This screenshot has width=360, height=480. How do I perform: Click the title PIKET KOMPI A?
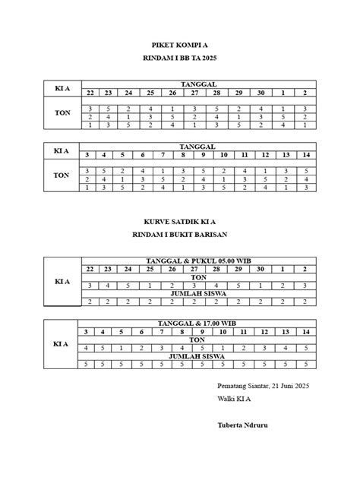pos(179,46)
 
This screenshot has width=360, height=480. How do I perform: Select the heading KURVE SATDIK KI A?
pos(179,223)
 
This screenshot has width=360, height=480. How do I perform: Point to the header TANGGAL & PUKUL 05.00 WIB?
pos(197,261)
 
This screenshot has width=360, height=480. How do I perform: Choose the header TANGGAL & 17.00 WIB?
pos(197,324)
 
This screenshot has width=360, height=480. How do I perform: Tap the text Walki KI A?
pos(234,398)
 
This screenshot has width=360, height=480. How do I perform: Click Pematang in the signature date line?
pos(234,385)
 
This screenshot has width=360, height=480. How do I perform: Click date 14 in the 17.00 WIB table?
pos(305,332)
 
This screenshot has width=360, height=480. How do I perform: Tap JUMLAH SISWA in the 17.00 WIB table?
pos(197,356)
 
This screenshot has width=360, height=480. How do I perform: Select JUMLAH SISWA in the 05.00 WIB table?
pos(197,293)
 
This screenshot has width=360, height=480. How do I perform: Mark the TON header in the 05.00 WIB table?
pos(197,277)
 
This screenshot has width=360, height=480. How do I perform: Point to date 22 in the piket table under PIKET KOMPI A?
pos(90,93)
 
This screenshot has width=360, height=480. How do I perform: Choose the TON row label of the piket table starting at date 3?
pos(62,175)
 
